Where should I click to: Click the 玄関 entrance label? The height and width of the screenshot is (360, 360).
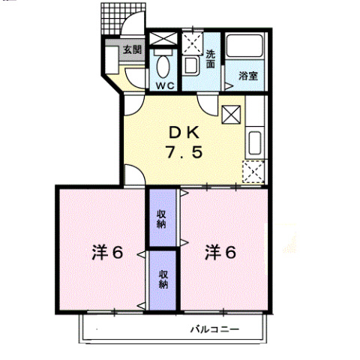132,50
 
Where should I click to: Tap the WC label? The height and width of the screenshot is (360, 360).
165,86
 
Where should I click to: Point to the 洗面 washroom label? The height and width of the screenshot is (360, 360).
211,59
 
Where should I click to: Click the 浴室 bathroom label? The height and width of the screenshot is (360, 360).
248,76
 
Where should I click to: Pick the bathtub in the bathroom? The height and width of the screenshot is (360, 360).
244,46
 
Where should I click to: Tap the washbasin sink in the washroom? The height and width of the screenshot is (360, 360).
190,66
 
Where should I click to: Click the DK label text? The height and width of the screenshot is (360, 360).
184,133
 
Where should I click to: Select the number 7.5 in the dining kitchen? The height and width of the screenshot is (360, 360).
184,152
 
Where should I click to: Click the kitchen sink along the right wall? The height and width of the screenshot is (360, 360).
255,142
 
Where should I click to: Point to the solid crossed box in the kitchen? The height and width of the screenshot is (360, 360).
231,115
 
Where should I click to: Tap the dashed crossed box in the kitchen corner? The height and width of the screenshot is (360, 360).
253,172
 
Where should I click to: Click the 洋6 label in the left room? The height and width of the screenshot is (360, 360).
107,253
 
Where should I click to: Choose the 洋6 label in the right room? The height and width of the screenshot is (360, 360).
220,253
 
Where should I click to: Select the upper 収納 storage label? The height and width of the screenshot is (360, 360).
161,219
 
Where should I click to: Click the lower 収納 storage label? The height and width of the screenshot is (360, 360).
163,280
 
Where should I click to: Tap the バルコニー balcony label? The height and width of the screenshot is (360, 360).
215,329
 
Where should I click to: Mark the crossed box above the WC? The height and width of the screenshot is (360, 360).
163,38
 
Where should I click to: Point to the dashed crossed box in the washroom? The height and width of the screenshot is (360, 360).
192,43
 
